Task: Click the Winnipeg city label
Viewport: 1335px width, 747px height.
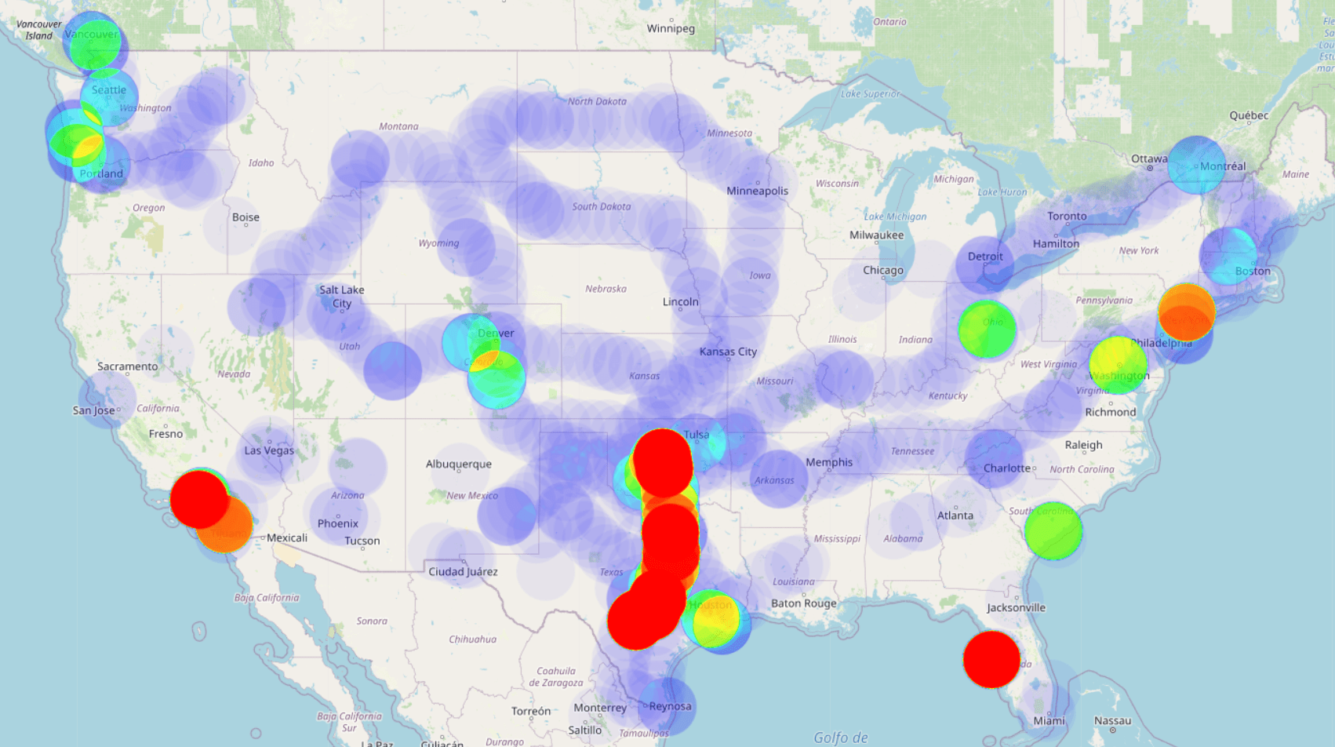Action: pyautogui.click(x=671, y=29)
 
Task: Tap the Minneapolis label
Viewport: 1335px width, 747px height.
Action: pyautogui.click(x=757, y=191)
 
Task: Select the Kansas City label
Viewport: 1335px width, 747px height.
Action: pyautogui.click(x=728, y=352)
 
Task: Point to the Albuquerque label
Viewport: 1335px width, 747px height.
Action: pyautogui.click(x=459, y=464)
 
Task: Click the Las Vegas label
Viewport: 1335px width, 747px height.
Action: pyautogui.click(x=269, y=450)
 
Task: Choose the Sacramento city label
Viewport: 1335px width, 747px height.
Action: pyautogui.click(x=127, y=366)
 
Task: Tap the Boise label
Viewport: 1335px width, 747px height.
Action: pyautogui.click(x=246, y=217)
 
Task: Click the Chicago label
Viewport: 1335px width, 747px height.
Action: pyautogui.click(x=883, y=270)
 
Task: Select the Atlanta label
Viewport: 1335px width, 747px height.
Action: pyautogui.click(x=955, y=516)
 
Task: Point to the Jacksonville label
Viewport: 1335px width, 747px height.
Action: pyautogui.click(x=1016, y=607)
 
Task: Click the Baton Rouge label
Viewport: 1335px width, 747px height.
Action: pyautogui.click(x=804, y=603)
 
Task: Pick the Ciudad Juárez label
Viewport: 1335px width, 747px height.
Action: pyautogui.click(x=463, y=571)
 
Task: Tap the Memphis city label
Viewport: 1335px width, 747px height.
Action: pyautogui.click(x=829, y=462)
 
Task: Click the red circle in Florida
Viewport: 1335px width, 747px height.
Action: pyautogui.click(x=991, y=659)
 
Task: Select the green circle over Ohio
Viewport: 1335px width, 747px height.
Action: pyautogui.click(x=987, y=329)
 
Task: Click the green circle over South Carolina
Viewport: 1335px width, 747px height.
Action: pyautogui.click(x=1053, y=531)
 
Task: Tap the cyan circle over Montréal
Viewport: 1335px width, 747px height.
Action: pyautogui.click(x=1196, y=166)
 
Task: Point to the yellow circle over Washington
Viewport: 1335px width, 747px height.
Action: pyautogui.click(x=1118, y=365)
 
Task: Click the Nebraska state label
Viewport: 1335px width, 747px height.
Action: pyautogui.click(x=606, y=289)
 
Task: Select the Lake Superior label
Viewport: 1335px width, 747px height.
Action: pyautogui.click(x=871, y=94)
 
